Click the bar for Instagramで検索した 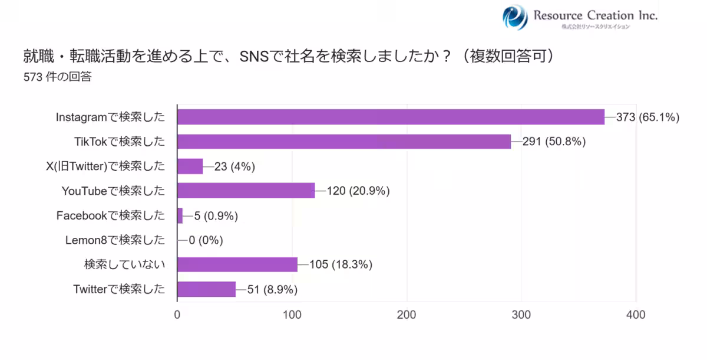click(x=391, y=117)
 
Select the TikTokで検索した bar click(x=344, y=142)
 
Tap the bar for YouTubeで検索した click(x=246, y=191)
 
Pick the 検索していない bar click(x=237, y=264)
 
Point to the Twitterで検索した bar click(x=206, y=289)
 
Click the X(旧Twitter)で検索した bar click(x=190, y=166)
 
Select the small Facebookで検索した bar click(x=180, y=215)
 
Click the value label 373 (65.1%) click(x=648, y=117)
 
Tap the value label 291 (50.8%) click(x=554, y=142)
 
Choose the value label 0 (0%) click(x=206, y=240)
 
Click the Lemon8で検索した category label click(x=115, y=240)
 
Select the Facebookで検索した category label click(x=111, y=215)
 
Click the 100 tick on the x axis click(x=292, y=315)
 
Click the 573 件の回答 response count click(x=57, y=77)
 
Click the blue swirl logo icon click(x=515, y=17)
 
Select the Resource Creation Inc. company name click(x=595, y=15)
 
